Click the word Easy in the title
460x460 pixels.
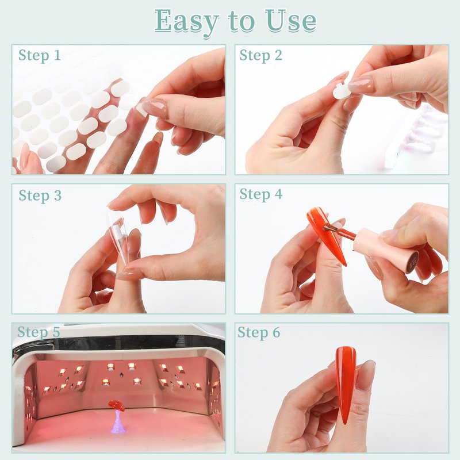[187, 21]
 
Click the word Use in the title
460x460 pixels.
[291, 21]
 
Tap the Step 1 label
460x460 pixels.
[39, 55]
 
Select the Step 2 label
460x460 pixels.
[260, 55]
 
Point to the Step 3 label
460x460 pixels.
[40, 195]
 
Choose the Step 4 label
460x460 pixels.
[261, 194]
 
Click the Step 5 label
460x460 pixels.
[39, 332]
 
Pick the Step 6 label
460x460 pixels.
[259, 332]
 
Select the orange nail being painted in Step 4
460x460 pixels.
[325, 235]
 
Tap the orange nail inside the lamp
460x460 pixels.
[117, 406]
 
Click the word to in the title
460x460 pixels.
[241, 21]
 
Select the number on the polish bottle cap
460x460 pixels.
[413, 260]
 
